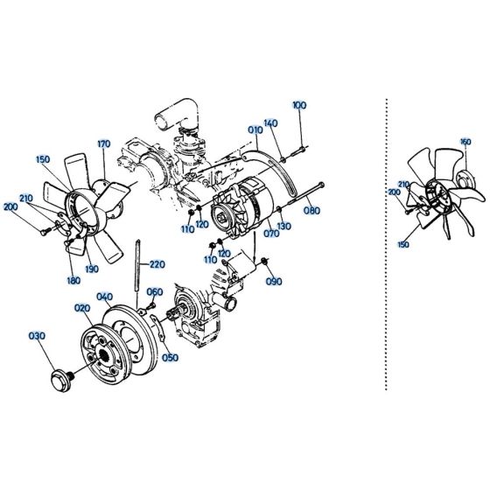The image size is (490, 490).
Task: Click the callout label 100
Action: pyautogui.click(x=300, y=105)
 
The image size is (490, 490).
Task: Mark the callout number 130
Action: pyautogui.click(x=284, y=225)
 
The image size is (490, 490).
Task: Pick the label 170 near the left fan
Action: pyautogui.click(x=103, y=144)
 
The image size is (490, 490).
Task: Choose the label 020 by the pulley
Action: pyautogui.click(x=82, y=308)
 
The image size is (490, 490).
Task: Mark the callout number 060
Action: pyautogui.click(x=154, y=292)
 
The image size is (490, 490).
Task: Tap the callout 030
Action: pyautogui.click(x=37, y=336)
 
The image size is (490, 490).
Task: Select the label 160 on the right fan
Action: pyautogui.click(x=465, y=142)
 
